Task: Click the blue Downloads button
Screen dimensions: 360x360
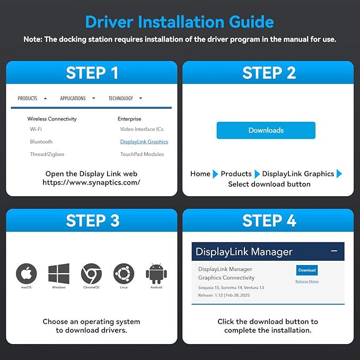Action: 266,130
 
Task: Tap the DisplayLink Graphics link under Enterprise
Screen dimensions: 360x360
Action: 144,142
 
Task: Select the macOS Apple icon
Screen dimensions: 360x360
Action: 27,274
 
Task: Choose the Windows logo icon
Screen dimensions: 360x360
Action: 59,274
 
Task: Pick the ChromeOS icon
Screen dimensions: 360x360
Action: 91,274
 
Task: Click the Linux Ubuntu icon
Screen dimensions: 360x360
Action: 124,274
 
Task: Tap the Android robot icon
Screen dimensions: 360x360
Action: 156,274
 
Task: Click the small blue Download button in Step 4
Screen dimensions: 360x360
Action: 307,270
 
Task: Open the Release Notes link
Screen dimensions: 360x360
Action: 307,282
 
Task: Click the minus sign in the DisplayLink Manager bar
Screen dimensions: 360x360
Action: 334,251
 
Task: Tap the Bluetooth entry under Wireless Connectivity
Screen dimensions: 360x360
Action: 41,142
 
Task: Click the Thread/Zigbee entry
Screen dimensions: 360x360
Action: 47,154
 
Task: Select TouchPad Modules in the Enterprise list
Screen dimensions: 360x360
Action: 142,154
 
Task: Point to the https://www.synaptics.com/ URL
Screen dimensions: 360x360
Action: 91,182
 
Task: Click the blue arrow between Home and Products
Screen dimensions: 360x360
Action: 215,174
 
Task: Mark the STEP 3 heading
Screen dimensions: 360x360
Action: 93,221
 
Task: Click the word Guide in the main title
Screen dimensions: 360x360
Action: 251,22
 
